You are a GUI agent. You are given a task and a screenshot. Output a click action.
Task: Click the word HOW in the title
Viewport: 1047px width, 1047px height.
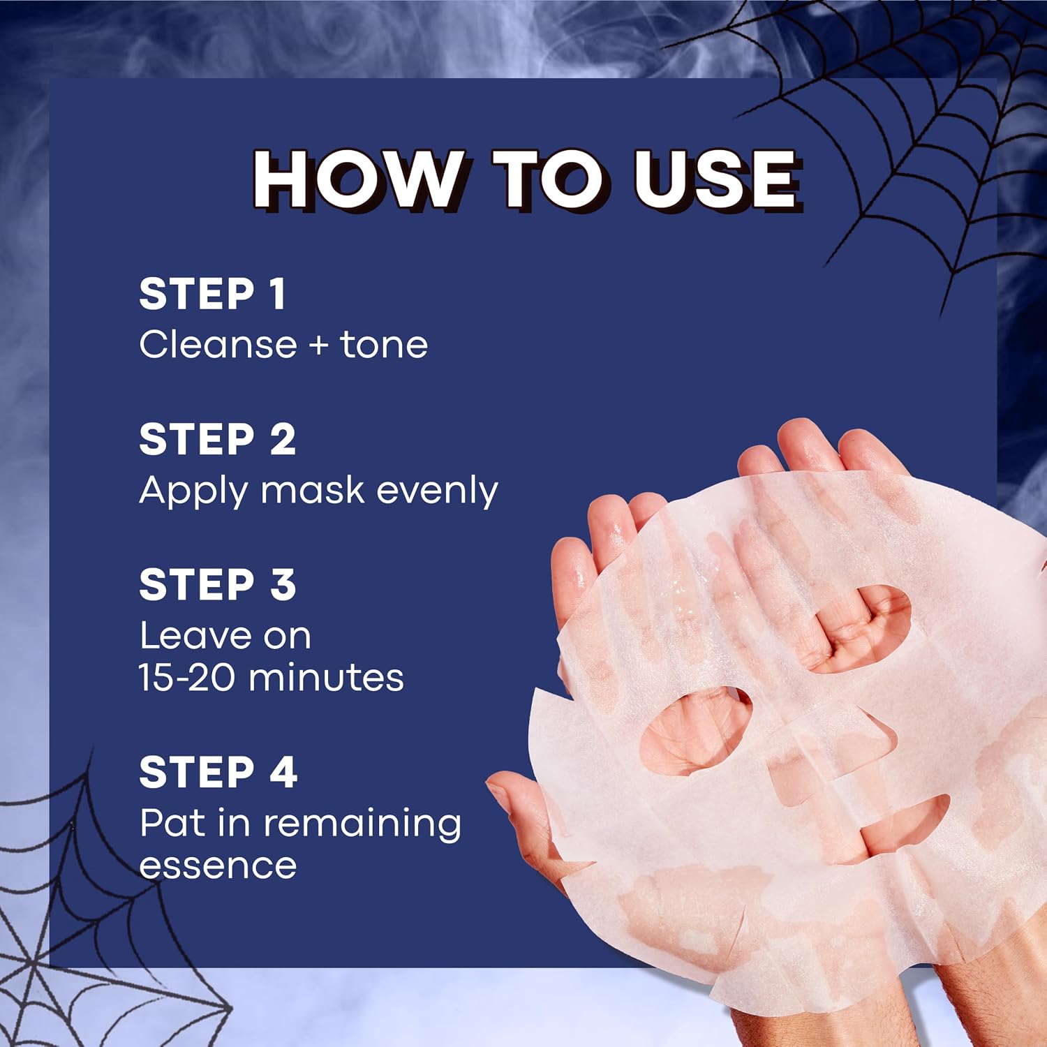pyautogui.click(x=357, y=179)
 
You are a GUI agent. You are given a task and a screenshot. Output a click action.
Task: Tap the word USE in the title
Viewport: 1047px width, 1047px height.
pyautogui.click(x=716, y=179)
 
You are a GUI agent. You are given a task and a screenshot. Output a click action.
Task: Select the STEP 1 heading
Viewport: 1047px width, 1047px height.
pyautogui.click(x=212, y=293)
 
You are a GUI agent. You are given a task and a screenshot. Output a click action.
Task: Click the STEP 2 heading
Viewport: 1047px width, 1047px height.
pyautogui.click(x=218, y=439)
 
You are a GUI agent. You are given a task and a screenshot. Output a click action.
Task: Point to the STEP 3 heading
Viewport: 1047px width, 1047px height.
pyautogui.click(x=218, y=584)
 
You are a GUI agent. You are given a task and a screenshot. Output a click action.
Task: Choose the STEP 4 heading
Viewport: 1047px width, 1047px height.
pyautogui.click(x=218, y=772)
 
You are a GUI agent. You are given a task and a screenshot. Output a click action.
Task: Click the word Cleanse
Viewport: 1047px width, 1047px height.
pyautogui.click(x=218, y=344)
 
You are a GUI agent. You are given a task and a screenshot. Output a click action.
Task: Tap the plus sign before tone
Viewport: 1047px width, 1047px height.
pyautogui.click(x=318, y=346)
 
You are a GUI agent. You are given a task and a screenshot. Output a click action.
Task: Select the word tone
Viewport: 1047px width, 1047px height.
pyautogui.click(x=384, y=345)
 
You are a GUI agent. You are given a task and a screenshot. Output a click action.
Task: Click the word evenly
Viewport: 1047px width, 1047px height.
pyautogui.click(x=437, y=491)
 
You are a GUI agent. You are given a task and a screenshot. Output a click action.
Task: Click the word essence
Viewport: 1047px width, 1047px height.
pyautogui.click(x=218, y=866)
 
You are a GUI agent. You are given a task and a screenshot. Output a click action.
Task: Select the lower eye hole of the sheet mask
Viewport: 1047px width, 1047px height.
pyautogui.click(x=696, y=730)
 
